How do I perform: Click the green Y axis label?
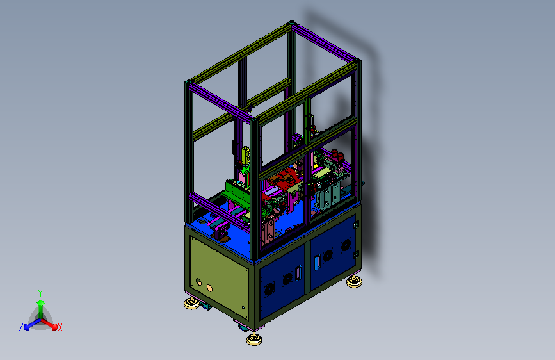click(x=40, y=293)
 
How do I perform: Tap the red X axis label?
click(x=60, y=327)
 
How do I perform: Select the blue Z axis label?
click(x=21, y=327)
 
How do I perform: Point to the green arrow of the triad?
click(x=40, y=308)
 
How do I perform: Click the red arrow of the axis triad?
click(x=49, y=324)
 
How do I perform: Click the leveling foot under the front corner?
click(x=254, y=339)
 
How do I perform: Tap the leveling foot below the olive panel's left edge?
click(x=192, y=303)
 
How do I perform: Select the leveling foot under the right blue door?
click(x=354, y=281)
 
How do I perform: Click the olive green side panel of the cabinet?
click(x=219, y=277)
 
